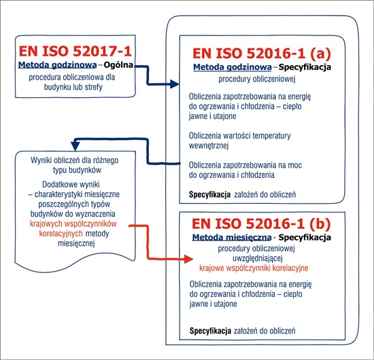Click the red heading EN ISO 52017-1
(x=75, y=51)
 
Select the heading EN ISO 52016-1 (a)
(x=262, y=53)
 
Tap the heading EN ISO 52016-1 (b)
(x=261, y=223)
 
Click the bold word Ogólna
(x=118, y=65)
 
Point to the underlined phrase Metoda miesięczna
(x=232, y=237)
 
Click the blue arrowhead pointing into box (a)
(x=175, y=84)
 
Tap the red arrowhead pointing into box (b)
(x=188, y=259)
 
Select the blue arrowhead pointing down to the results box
(x=75, y=146)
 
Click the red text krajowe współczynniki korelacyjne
(x=254, y=268)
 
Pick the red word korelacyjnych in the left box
(x=61, y=234)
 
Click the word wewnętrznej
(x=209, y=145)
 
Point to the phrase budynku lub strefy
(x=73, y=87)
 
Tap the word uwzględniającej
(x=258, y=258)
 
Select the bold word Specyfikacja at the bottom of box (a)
(x=209, y=195)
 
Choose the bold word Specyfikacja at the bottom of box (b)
(x=210, y=331)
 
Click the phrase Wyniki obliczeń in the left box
(x=54, y=160)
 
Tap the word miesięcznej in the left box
(x=76, y=243)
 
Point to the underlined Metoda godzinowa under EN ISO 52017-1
(x=58, y=65)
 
